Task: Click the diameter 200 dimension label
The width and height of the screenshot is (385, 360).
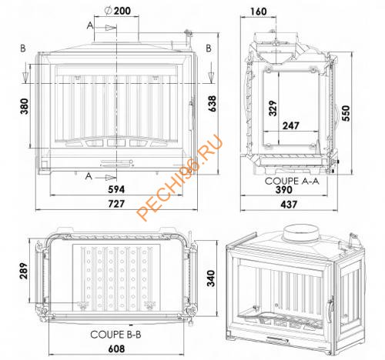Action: point(118,11)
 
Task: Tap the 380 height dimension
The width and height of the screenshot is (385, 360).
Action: point(25,106)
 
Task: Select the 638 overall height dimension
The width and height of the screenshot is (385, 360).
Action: point(213,104)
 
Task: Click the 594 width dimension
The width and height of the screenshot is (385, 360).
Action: point(116,189)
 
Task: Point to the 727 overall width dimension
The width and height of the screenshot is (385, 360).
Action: point(116,204)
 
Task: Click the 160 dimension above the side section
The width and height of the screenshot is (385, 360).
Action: point(259,12)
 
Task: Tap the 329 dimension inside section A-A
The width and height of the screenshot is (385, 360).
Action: point(273,108)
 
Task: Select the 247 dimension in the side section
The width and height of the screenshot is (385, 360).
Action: point(291,125)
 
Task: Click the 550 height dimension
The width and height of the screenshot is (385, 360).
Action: point(346,113)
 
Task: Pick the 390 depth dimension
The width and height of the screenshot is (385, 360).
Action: point(284,190)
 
